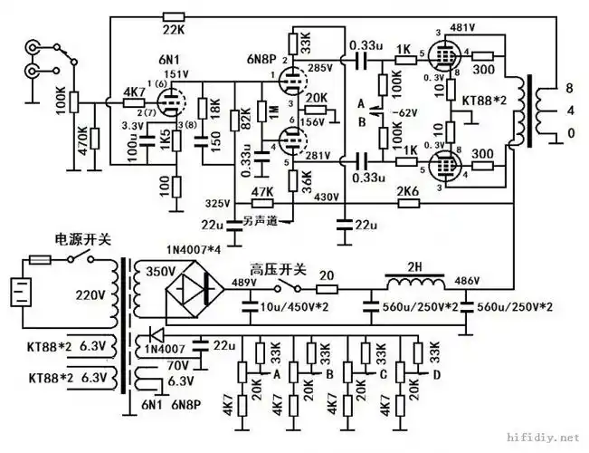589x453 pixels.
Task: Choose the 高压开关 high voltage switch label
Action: pyautogui.click(x=278, y=270)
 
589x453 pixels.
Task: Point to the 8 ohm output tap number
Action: pyautogui.click(x=567, y=88)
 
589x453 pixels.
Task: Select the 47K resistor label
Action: pyautogui.click(x=261, y=191)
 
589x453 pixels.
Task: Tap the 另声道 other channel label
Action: pyautogui.click(x=263, y=219)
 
